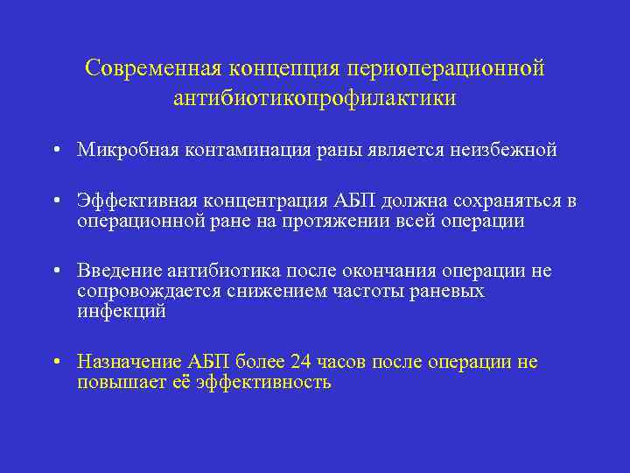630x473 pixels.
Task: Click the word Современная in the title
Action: (x=154, y=68)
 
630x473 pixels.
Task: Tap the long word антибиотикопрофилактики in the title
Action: (x=314, y=98)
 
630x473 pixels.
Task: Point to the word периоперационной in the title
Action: (x=445, y=68)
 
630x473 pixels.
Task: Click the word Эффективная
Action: (x=129, y=201)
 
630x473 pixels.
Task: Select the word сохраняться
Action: (x=508, y=201)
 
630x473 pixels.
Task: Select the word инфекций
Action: (x=121, y=311)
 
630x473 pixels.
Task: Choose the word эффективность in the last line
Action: (x=265, y=383)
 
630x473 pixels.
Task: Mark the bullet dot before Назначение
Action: (x=55, y=363)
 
